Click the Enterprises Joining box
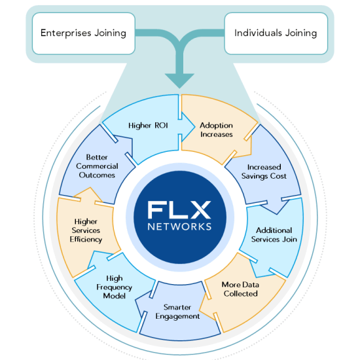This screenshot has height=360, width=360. pos(83,33)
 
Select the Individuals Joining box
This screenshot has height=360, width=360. pos(276,33)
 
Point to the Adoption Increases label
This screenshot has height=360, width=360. pos(216,130)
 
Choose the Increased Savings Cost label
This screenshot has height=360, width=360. pos(264,171)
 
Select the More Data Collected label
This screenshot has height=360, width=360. pos(240,289)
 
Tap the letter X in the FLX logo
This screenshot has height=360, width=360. pos(200,210)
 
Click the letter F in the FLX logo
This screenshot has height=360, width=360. pos(158,210)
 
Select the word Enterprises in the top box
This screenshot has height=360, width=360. pos(65,33)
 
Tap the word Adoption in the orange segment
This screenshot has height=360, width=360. pos(216,125)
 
